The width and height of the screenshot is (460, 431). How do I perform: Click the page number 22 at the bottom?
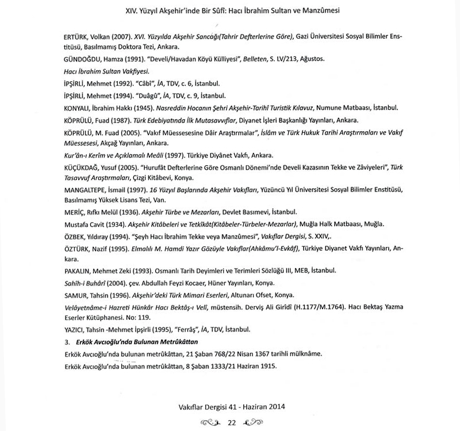click(232, 422)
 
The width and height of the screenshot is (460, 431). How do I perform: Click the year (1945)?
click(142, 108)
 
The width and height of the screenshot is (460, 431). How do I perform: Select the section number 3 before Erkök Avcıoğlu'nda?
click(67, 342)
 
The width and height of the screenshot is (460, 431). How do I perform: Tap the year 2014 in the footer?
click(274, 406)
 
